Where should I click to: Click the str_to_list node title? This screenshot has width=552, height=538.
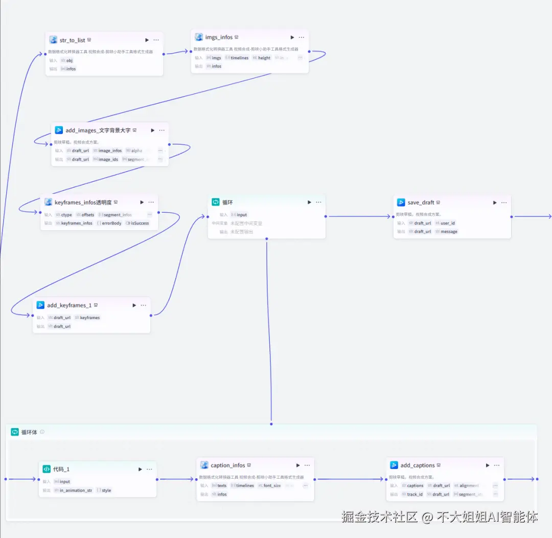[x=72, y=40]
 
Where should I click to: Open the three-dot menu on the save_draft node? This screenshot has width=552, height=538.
[x=504, y=203]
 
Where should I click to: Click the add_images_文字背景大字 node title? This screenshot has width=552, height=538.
[x=98, y=130]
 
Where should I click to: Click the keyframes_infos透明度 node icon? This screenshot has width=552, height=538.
[x=48, y=203]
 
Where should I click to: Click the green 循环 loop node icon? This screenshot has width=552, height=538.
[x=216, y=203]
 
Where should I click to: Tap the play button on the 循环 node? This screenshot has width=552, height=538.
[x=309, y=203]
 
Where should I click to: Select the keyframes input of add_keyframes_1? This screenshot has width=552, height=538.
[x=89, y=318]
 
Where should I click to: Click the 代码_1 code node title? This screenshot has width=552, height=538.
[x=61, y=469]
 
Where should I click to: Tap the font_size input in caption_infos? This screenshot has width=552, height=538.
[x=271, y=485]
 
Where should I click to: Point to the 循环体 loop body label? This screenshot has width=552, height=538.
[x=29, y=432]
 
